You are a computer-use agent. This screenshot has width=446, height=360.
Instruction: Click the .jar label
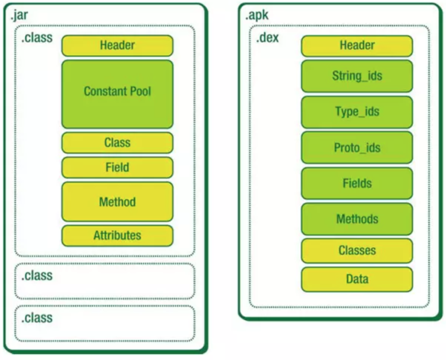point(19,16)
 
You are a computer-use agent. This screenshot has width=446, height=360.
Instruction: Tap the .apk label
point(257,15)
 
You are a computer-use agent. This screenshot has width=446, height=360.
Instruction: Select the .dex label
point(267,37)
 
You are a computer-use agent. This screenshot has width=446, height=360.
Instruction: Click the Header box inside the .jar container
point(117,46)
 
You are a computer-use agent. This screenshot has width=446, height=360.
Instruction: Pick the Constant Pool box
point(117,91)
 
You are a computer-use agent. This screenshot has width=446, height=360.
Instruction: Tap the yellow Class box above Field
point(117,143)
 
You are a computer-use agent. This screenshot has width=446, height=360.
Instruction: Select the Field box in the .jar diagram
point(117,167)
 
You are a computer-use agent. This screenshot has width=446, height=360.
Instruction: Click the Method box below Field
point(117,202)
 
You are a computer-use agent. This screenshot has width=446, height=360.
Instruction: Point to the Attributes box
point(117,236)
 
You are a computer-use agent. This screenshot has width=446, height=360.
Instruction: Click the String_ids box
point(357,76)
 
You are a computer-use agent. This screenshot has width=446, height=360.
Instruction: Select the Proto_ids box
point(357,147)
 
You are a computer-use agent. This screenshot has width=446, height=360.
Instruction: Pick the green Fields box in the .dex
point(357,183)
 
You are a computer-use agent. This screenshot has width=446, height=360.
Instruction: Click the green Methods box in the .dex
point(357,219)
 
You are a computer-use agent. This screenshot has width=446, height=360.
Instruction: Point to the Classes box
point(357,251)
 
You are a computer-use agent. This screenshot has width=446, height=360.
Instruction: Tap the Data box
point(357,279)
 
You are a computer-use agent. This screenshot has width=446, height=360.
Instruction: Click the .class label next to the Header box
point(37,37)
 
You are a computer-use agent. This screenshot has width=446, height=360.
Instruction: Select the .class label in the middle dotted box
point(37,276)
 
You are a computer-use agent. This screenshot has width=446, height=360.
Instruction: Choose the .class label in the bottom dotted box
point(37,318)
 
